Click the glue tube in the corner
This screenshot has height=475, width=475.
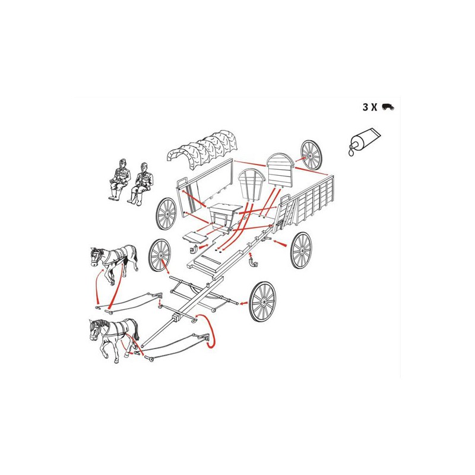(365, 140)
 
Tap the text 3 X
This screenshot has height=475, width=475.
(370, 107)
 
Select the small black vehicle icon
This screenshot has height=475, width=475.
(388, 107)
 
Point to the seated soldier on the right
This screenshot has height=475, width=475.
(141, 183)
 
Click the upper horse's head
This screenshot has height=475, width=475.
(96, 257)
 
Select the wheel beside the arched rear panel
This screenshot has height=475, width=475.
(311, 155)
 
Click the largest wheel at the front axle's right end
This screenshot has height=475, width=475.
(262, 302)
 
